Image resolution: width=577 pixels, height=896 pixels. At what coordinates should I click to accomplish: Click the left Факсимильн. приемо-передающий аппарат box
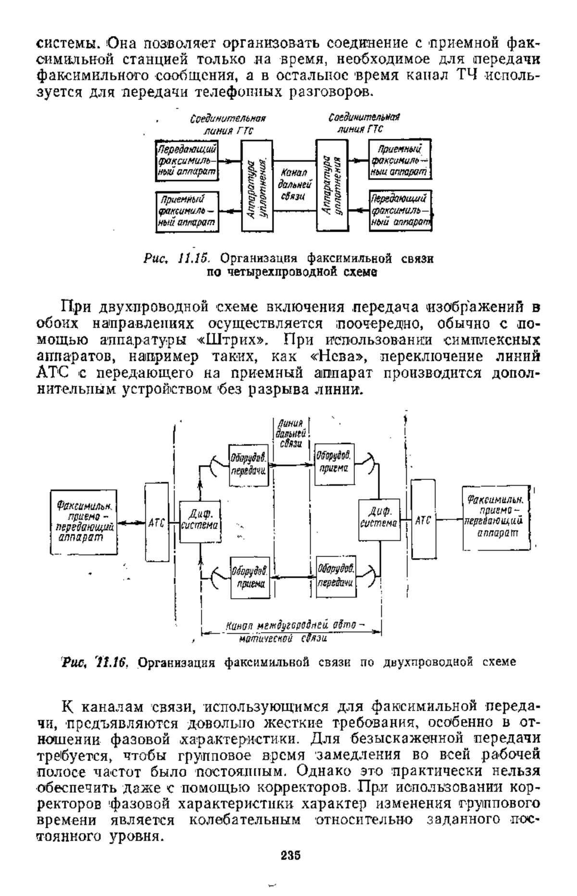click(85, 522)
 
